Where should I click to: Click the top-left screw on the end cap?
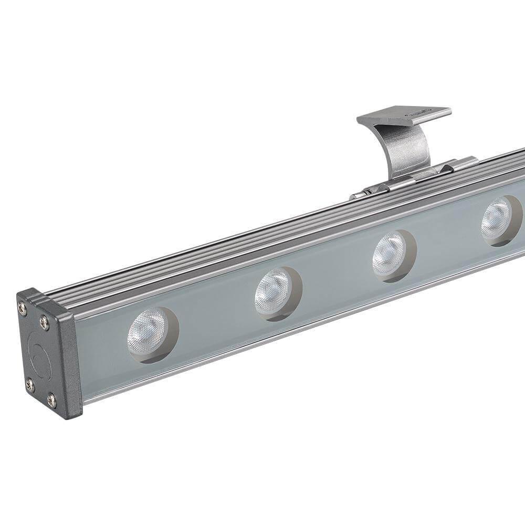(x=23, y=309)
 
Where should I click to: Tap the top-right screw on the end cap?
(x=45, y=321)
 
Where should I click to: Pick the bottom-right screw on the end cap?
(x=51, y=401)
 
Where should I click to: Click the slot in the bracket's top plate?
(x=420, y=111)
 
